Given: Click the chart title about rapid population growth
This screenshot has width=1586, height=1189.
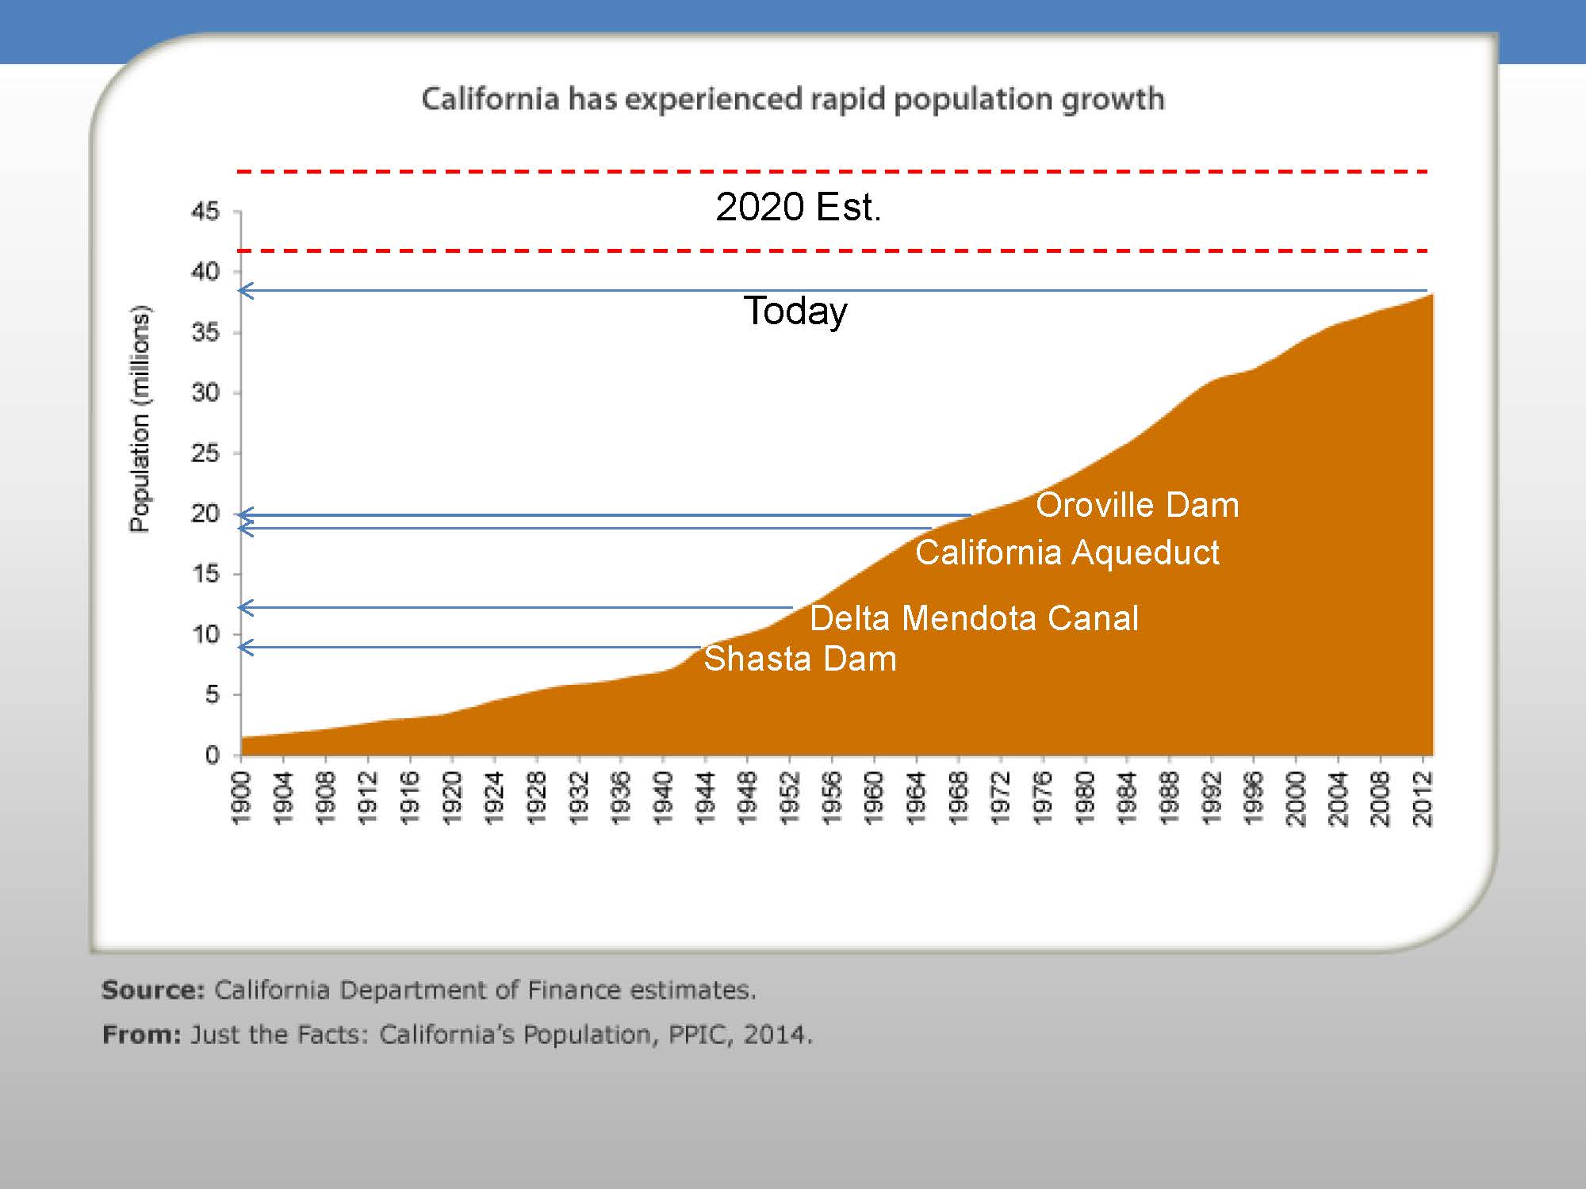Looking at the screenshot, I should click(792, 100).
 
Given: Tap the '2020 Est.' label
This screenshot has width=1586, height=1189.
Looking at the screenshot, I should click(798, 207).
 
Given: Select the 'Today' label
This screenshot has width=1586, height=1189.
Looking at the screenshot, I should click(795, 311).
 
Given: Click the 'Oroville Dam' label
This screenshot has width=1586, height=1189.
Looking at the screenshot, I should click(1137, 506).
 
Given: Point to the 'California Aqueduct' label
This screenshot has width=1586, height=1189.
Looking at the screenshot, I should click(1067, 552).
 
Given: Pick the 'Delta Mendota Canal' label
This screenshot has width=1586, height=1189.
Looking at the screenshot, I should click(974, 618).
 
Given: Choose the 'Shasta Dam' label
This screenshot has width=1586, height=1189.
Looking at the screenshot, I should click(799, 659).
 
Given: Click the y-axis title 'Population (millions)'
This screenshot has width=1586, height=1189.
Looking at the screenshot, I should click(140, 419).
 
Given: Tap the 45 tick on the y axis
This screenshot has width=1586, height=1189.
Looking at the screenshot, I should click(205, 212).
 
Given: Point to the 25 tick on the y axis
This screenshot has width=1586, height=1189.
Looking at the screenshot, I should click(205, 453).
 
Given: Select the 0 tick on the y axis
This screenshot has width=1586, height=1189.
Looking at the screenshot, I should click(212, 755).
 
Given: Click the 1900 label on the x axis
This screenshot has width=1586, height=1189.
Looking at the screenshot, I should click(241, 798).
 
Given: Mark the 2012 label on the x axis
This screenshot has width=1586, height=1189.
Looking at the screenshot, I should click(1423, 798).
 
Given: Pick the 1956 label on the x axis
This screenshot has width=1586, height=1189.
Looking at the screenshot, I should click(831, 798).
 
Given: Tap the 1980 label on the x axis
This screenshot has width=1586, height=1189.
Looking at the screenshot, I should click(1084, 798).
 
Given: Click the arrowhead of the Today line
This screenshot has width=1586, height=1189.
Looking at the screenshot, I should click(246, 291).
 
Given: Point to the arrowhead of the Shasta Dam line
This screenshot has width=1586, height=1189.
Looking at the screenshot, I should click(246, 648).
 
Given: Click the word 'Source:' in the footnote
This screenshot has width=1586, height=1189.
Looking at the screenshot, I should click(153, 990).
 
